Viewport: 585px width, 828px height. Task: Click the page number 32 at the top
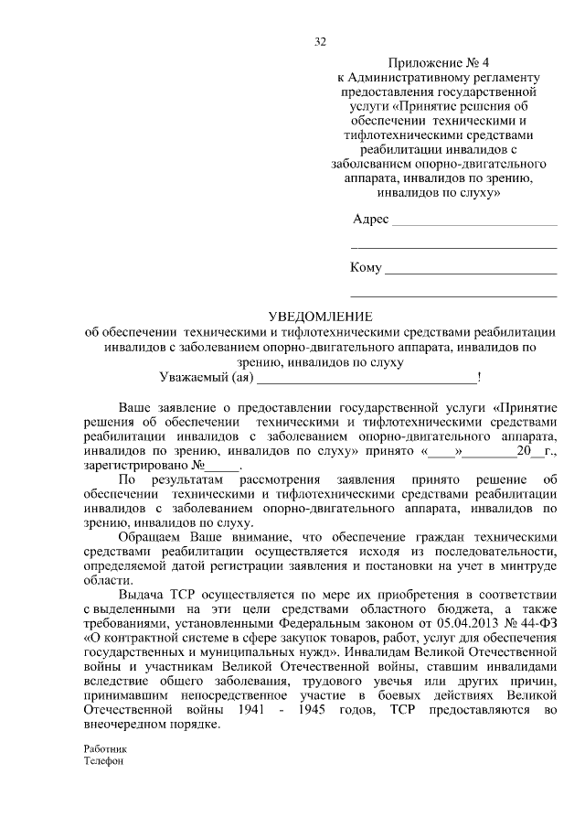tap(320, 41)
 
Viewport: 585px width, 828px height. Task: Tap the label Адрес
tap(370, 220)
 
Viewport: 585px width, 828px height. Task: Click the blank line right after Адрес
tap(473, 222)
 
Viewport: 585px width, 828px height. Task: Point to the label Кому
tap(366, 268)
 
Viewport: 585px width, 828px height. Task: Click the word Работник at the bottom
tap(101, 748)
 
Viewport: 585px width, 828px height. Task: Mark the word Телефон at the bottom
tap(101, 760)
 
